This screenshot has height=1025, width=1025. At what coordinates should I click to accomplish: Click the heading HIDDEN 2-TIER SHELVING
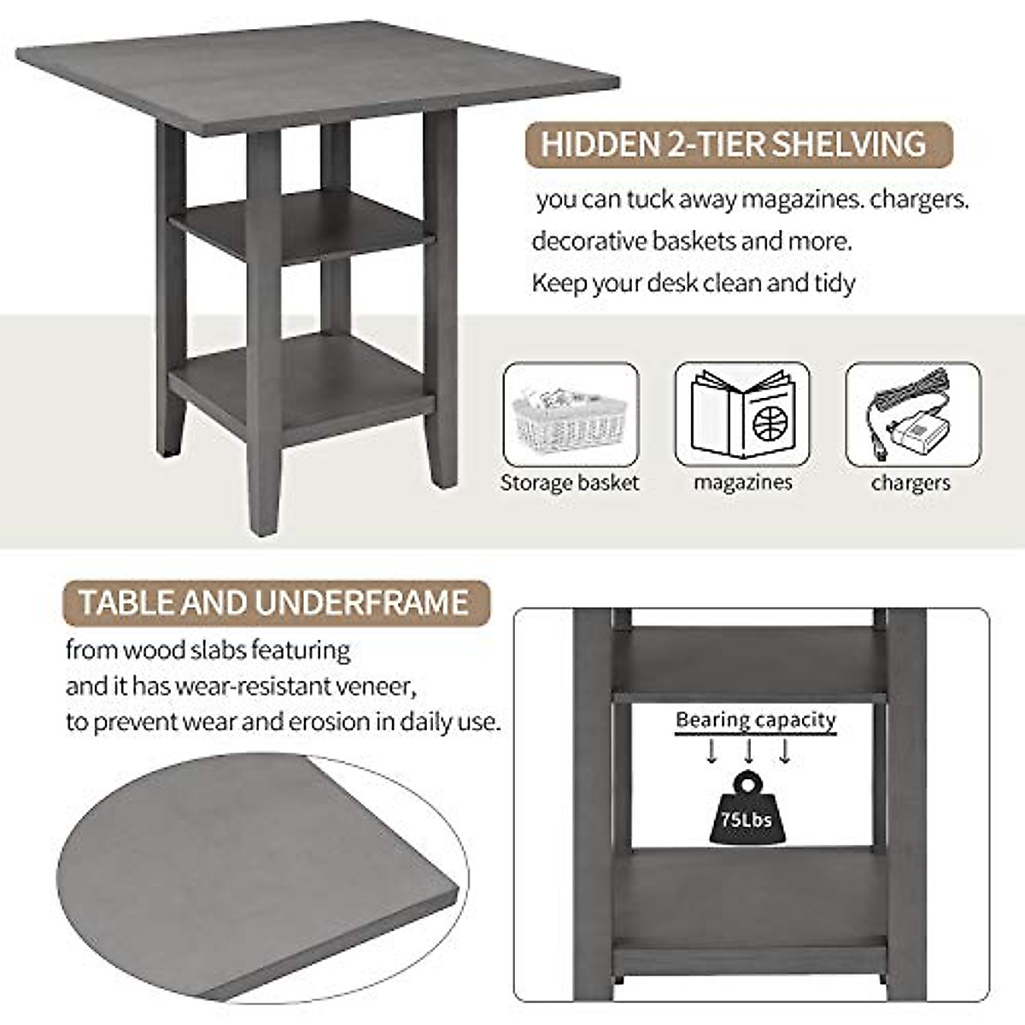[x=734, y=143]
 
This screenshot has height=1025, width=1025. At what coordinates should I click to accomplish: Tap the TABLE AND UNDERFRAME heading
[x=273, y=602]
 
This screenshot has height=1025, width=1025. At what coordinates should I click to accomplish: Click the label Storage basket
[x=570, y=483]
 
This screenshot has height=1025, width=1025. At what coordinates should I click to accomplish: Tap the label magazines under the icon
[x=742, y=483]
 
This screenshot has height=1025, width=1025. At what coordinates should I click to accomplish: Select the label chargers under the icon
[x=911, y=483]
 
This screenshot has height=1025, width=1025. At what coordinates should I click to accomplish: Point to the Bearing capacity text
[x=755, y=720]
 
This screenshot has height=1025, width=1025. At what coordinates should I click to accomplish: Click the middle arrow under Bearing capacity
[x=749, y=752]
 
